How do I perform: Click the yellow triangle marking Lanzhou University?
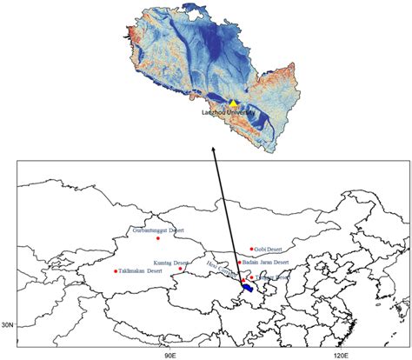click(233, 103)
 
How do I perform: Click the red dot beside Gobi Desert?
click(251, 249)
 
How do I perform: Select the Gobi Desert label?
click(270, 249)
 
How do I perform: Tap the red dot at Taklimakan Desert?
click(116, 271)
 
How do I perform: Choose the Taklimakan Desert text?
click(141, 271)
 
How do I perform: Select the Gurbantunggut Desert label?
click(157, 230)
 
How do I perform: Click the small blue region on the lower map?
click(248, 286)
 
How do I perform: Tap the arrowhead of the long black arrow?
click(214, 150)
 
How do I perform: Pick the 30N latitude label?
click(8, 301)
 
